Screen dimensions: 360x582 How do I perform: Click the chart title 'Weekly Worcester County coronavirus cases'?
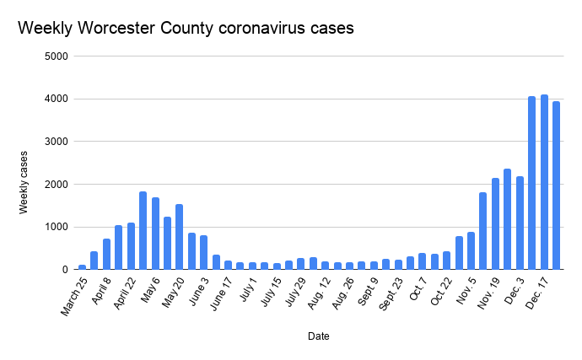pyautogui.click(x=186, y=28)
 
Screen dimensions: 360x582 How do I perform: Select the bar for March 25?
pyautogui.click(x=82, y=267)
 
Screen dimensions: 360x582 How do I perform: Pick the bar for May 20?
pyautogui.click(x=180, y=237)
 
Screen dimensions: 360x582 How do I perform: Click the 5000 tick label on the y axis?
pyautogui.click(x=57, y=56)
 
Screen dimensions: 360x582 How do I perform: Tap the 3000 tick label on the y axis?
pyautogui.click(x=57, y=142)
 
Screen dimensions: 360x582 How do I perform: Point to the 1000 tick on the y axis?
pyautogui.click(x=57, y=227)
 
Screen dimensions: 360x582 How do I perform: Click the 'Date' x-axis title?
pyautogui.click(x=319, y=336)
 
